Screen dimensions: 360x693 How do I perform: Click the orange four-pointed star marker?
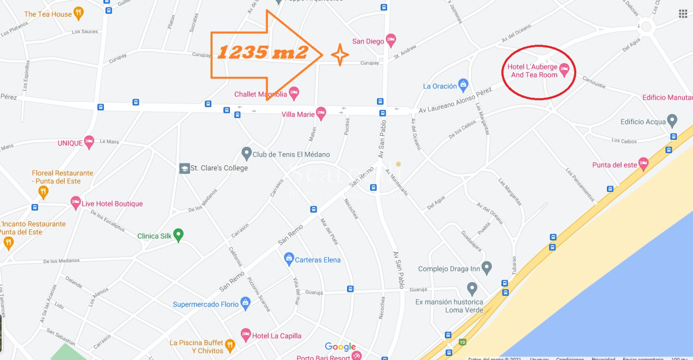340,55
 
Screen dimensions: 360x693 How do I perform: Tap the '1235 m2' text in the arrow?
262,53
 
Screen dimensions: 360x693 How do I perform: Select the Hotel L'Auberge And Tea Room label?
533,70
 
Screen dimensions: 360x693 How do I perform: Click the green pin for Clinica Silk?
178,235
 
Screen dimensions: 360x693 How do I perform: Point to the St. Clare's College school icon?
184,168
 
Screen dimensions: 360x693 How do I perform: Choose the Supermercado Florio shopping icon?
245,302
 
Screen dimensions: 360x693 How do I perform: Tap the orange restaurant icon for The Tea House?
79,13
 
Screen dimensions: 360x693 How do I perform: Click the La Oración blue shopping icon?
463,85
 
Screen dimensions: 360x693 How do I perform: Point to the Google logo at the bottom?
340,347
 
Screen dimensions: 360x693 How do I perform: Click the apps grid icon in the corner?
683,14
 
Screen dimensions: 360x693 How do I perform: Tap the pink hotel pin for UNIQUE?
89,142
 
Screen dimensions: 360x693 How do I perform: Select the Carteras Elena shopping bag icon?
289,259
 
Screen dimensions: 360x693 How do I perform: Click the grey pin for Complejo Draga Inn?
487,268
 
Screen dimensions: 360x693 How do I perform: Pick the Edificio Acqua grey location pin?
672,121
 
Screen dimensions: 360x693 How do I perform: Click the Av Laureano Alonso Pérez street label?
455,101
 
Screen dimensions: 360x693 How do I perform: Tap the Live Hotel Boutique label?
112,203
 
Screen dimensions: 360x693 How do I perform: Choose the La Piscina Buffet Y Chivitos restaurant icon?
230,346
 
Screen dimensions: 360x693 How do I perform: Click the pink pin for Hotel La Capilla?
245,335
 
